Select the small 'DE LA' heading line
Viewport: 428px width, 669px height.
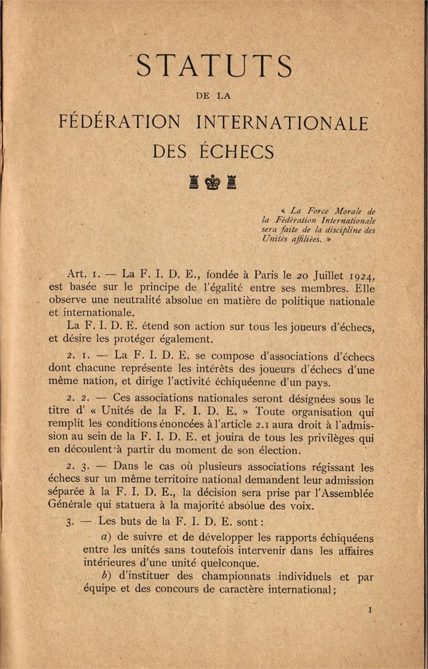[x=214, y=96]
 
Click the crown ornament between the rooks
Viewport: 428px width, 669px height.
[x=213, y=181]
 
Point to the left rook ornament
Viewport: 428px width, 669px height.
[x=194, y=181]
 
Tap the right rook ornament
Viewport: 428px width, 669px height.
[x=231, y=181]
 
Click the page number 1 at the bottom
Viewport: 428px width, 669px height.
[x=370, y=610]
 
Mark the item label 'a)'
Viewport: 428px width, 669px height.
[x=105, y=538]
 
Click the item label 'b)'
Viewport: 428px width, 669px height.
[x=105, y=577]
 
